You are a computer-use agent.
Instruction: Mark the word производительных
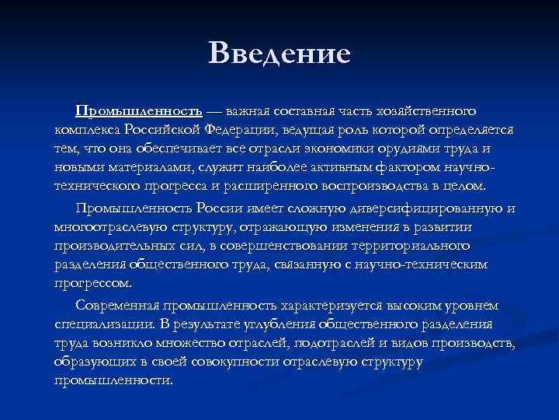click(x=113, y=246)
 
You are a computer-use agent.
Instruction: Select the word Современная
click(x=117, y=305)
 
